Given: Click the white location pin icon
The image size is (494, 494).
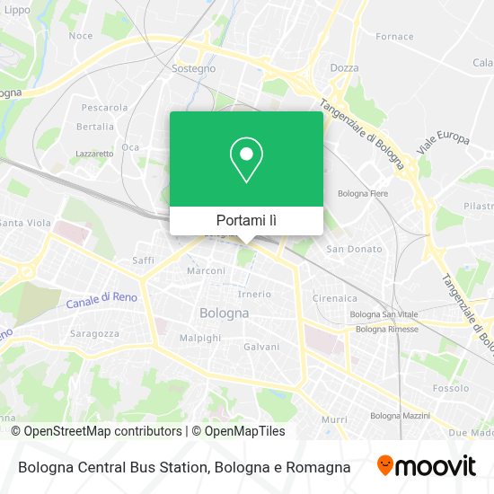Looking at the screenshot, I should (246, 160).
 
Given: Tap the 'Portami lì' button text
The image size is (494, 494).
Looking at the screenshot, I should (246, 220).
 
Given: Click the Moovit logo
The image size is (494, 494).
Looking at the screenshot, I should (426, 466).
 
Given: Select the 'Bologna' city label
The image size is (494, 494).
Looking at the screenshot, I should (223, 313).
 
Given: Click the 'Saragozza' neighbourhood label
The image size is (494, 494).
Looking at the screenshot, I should (94, 333).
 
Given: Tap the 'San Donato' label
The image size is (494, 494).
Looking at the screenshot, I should (348, 249).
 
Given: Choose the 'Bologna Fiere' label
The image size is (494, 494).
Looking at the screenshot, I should (361, 193).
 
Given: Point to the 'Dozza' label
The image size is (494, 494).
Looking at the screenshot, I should (344, 67).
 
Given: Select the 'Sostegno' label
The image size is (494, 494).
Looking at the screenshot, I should (195, 68).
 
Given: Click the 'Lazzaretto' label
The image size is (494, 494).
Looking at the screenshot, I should (94, 154).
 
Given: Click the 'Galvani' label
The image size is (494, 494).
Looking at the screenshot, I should (261, 346).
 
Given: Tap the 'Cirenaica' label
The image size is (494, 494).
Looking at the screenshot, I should (335, 298).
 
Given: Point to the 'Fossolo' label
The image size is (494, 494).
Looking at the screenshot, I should (450, 389).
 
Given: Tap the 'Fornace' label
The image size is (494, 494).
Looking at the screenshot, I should (394, 37).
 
